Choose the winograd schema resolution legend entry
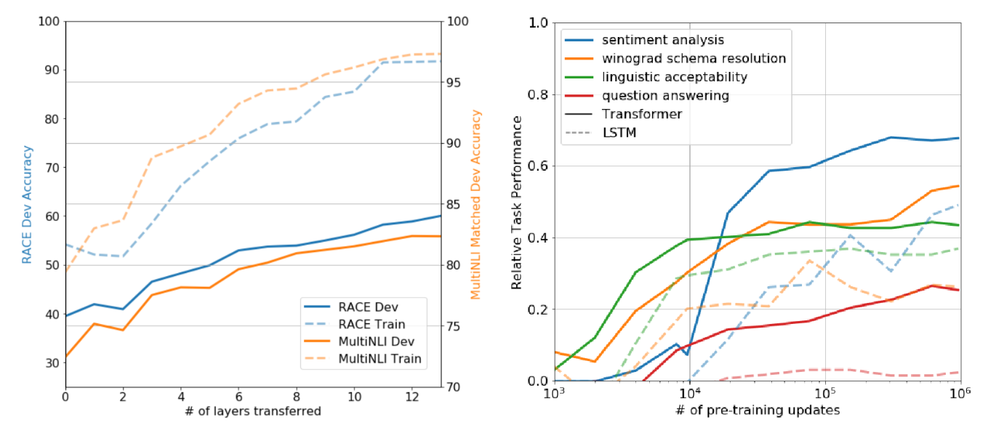click(691, 58)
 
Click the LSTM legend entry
click(619, 132)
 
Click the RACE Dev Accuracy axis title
click(27, 204)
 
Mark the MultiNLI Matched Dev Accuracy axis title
click(477, 204)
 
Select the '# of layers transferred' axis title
click(254, 412)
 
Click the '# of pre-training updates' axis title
click(757, 410)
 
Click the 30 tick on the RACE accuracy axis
click(50, 362)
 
